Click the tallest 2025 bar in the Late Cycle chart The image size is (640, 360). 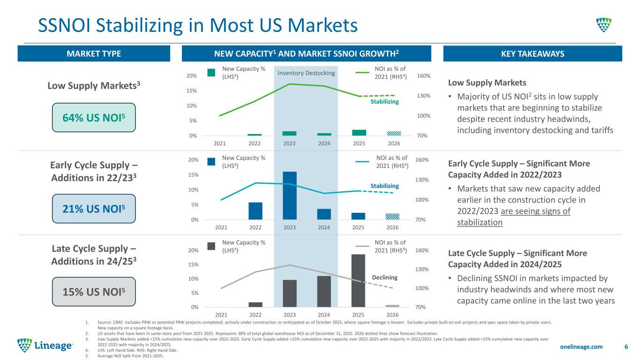point(358,280)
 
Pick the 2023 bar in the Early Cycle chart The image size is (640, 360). point(290,195)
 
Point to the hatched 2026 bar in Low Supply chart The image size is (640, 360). point(393,133)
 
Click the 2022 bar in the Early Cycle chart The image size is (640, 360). point(256,211)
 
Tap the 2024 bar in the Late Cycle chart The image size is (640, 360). point(324,291)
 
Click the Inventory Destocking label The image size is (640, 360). point(307,73)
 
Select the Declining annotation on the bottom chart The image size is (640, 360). point(384,277)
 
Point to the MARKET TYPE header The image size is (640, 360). point(94,54)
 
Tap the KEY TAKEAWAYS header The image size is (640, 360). point(533,54)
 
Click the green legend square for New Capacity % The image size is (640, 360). point(211,73)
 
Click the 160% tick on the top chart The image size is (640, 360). point(423,76)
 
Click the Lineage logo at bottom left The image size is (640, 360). point(45,346)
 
